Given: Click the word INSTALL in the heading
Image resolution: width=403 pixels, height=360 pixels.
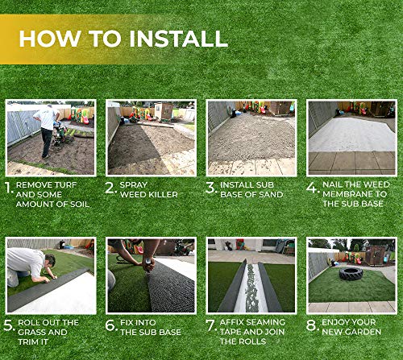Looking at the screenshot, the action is (178, 39).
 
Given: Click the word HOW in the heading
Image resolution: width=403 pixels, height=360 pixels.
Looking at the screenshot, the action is (50, 39).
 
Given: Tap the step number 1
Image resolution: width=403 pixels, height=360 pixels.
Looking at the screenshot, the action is (9, 188).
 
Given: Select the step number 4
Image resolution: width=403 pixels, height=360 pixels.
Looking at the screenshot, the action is (312, 187).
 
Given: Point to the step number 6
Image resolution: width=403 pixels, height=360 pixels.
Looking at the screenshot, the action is (110, 325).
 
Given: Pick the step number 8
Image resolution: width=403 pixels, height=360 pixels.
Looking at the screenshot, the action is (311, 325).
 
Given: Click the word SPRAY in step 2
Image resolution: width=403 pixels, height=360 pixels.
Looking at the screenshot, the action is (134, 184).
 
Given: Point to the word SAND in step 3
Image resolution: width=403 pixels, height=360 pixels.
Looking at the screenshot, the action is (272, 194).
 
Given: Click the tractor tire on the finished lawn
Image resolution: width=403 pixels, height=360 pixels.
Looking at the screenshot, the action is (351, 274).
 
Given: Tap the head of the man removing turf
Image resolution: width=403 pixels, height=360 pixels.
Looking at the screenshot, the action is (50, 106).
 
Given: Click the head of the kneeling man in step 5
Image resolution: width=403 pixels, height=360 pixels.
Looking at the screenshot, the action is (50, 260).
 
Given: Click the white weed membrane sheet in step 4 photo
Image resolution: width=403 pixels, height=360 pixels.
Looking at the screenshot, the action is (351, 135).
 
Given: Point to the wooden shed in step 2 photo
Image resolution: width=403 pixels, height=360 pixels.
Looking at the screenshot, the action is (164, 110).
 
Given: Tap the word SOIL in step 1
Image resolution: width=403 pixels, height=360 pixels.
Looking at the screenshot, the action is (80, 204).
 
